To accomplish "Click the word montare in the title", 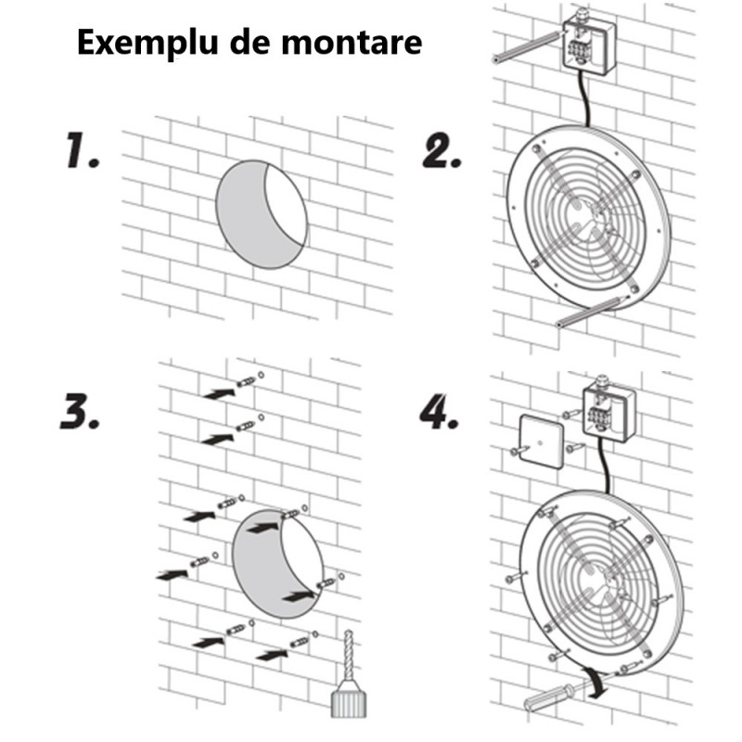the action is tap(352, 43).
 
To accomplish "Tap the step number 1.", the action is tap(82, 150).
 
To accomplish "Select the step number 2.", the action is tap(441, 151).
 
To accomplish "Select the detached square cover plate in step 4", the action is tap(542, 441).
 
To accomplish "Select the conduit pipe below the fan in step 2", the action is tap(591, 313).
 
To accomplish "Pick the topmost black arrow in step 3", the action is tap(220, 392).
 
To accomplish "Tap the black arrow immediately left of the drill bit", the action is tap(272, 656).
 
